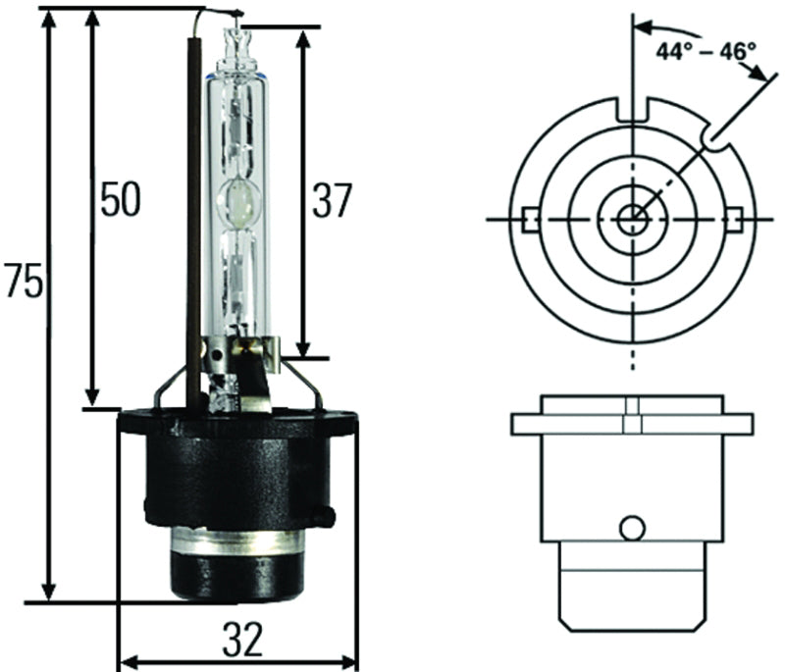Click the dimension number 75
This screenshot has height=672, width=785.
coord(22,281)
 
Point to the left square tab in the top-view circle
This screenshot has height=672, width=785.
coord(530,217)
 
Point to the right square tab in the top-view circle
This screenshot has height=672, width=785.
coord(731,217)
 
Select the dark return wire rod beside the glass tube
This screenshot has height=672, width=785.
coord(196,196)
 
